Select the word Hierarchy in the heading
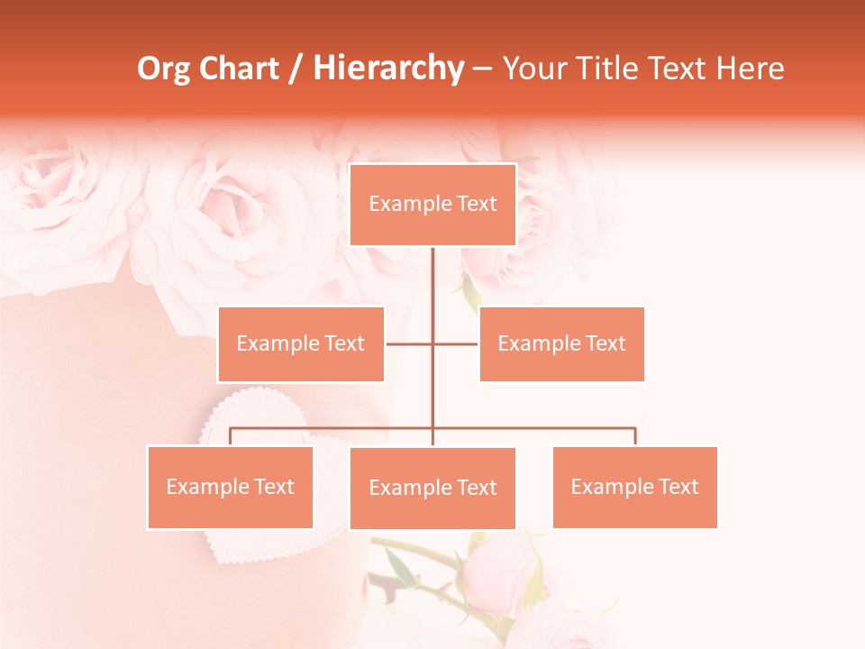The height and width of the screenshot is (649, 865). [387, 69]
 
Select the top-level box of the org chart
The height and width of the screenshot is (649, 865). [432, 205]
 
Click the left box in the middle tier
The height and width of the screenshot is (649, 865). [301, 343]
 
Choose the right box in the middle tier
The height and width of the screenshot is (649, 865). [561, 343]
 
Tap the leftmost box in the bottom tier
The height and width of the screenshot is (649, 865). [230, 487]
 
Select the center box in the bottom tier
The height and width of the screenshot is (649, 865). [432, 488]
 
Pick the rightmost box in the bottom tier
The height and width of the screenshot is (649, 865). [634, 487]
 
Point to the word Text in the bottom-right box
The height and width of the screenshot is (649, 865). [678, 487]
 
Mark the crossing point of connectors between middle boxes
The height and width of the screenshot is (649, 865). [432, 343]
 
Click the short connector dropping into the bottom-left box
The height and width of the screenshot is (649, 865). [230, 436]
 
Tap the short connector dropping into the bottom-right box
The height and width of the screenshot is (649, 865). [634, 436]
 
